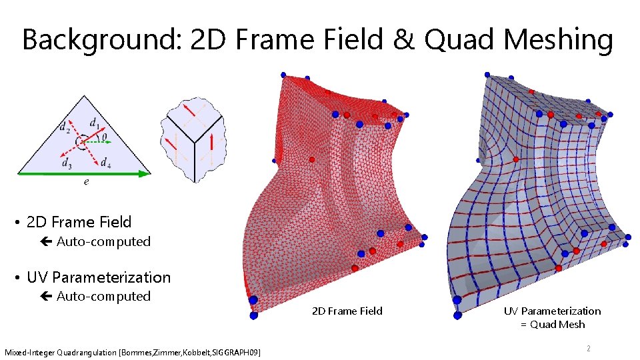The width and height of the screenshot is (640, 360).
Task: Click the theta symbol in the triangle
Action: coord(105,135)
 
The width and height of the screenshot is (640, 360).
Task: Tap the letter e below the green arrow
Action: coord(87,181)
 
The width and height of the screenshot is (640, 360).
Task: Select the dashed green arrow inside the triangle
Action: coord(97,141)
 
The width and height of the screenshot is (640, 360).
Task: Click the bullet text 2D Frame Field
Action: coord(79,222)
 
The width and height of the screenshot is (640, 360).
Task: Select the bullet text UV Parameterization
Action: coord(98,277)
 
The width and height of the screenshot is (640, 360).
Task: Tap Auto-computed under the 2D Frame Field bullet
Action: coord(103,241)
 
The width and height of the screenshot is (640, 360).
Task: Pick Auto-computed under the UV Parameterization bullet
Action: coord(103,296)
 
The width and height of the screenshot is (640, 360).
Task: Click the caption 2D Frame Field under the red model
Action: coord(347,311)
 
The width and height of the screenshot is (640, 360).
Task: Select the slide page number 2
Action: coord(588,348)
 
